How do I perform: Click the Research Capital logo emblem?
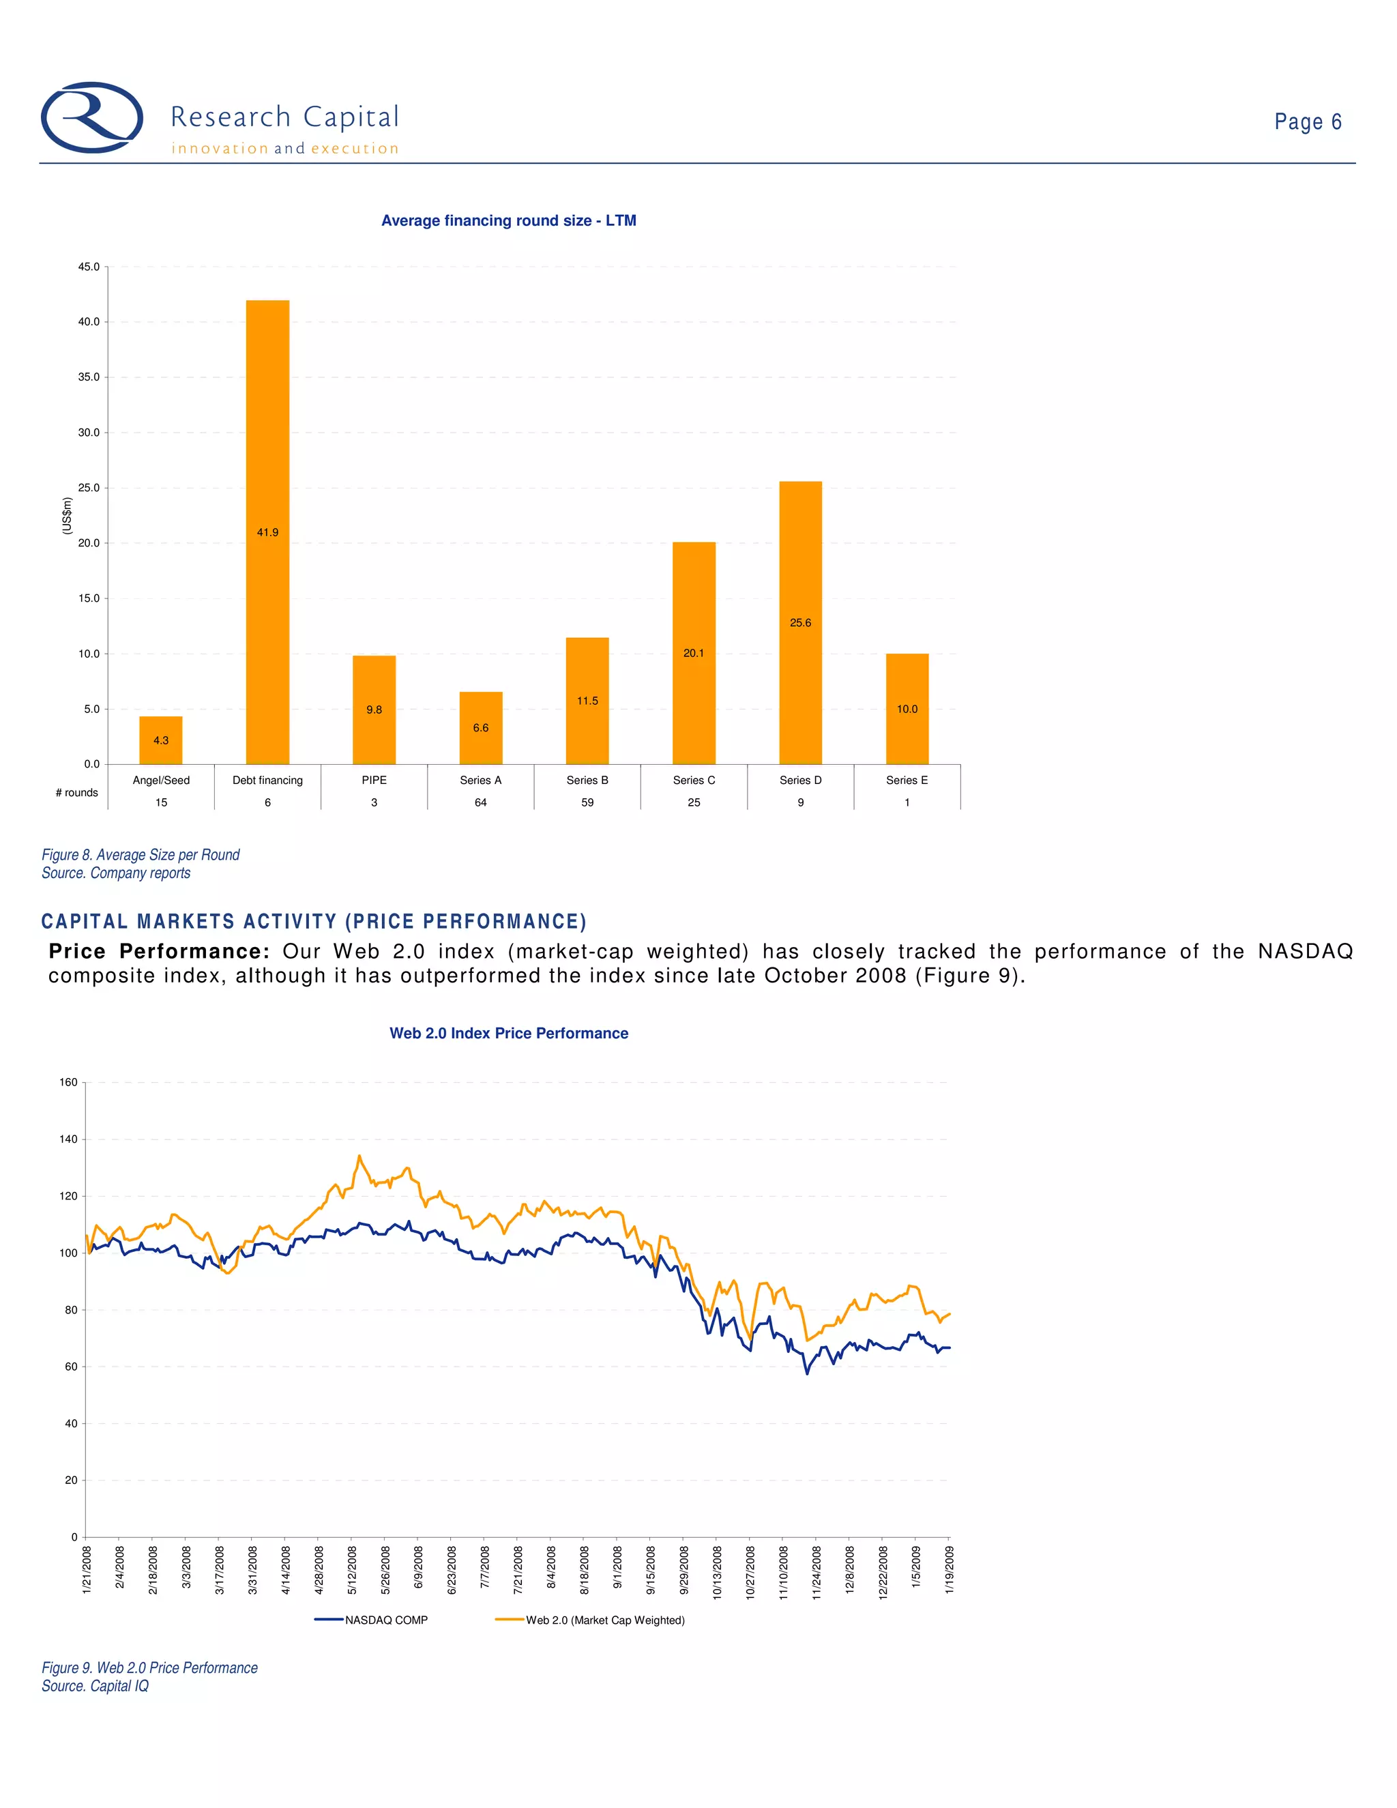(92, 117)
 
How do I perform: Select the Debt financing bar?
(267, 531)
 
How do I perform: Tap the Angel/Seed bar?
(160, 740)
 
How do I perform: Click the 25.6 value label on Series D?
(800, 622)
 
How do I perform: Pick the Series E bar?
(907, 709)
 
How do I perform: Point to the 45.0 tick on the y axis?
(89, 267)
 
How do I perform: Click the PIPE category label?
(374, 780)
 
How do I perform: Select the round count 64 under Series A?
(481, 802)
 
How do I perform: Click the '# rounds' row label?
(76, 792)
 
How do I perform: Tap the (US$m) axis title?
(67, 515)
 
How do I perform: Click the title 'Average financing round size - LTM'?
(508, 220)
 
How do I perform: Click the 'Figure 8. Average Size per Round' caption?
(141, 854)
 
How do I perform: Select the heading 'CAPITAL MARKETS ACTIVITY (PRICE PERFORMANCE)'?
(314, 921)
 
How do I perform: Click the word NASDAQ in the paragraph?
(1305, 951)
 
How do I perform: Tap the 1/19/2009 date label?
(950, 1570)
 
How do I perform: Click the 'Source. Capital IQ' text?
(95, 1685)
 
